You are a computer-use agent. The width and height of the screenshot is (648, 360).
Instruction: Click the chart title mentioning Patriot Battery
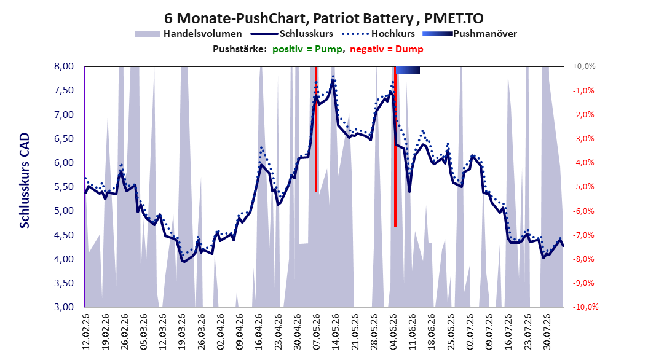click(323, 18)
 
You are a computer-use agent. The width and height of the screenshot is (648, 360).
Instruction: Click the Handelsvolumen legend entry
click(188, 34)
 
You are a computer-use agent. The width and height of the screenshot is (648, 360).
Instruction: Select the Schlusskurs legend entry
click(292, 34)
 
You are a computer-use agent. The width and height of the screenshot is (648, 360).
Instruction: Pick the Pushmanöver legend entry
click(470, 34)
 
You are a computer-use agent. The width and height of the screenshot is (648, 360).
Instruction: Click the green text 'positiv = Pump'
click(307, 49)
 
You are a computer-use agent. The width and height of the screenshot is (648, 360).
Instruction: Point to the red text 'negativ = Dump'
click(387, 49)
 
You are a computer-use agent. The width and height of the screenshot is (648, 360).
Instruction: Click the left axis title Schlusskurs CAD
click(25, 181)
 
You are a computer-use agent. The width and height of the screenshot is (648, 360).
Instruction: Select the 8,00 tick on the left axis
click(64, 66)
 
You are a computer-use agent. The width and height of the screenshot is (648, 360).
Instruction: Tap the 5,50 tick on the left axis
click(64, 187)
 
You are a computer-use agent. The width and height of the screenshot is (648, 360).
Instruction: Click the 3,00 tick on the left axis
click(64, 307)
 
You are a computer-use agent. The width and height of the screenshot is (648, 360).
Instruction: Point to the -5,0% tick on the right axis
click(583, 187)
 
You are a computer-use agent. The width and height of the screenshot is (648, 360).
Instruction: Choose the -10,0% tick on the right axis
click(585, 307)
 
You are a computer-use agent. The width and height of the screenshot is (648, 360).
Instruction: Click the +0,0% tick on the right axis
click(584, 66)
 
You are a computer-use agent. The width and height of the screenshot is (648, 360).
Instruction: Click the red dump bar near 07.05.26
click(316, 129)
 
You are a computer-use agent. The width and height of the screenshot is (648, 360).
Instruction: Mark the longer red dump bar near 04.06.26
click(395, 147)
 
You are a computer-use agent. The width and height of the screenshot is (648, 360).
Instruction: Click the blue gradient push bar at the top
click(408, 70)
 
